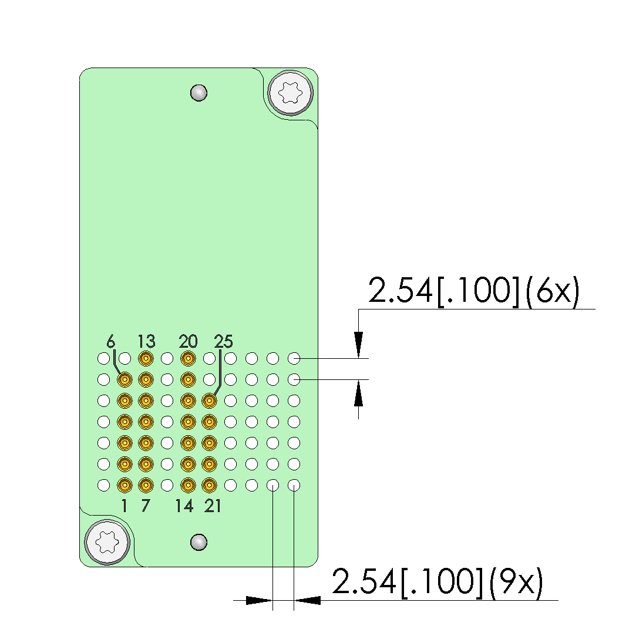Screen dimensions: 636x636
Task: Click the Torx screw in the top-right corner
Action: pos(291,93)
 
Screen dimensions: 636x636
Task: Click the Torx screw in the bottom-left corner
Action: pos(107,542)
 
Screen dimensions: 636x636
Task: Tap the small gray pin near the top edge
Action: pos(198,93)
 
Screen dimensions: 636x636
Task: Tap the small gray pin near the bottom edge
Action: pos(198,542)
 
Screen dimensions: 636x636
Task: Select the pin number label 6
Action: pos(111,342)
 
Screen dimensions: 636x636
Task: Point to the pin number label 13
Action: pos(146,342)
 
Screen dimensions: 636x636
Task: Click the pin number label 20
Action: pos(188,342)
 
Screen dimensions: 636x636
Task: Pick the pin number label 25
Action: pos(224,342)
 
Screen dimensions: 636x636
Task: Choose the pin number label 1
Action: pos(124,506)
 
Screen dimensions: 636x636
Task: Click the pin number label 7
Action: pos(146,506)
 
